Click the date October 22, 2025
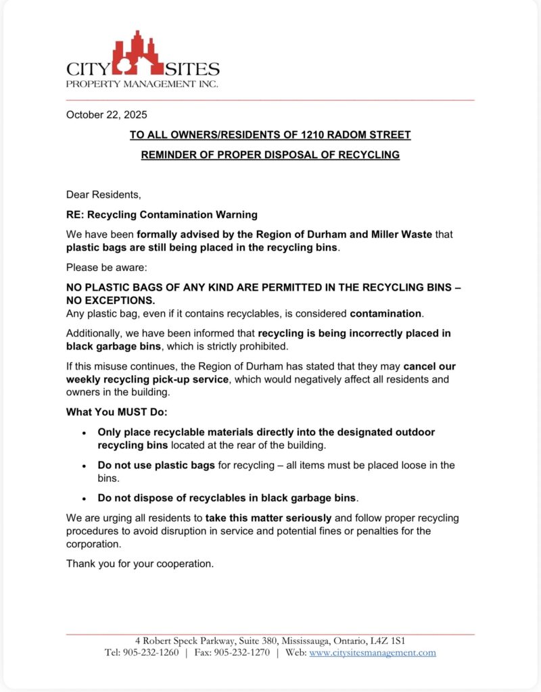(106, 114)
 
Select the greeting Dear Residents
(103, 195)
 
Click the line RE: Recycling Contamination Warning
(162, 215)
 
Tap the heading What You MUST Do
(116, 412)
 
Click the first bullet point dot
(84, 432)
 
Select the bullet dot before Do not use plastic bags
(84, 466)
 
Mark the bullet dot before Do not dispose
(84, 499)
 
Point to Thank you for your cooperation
(140, 564)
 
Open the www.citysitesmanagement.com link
(373, 652)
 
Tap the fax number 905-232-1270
(241, 652)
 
